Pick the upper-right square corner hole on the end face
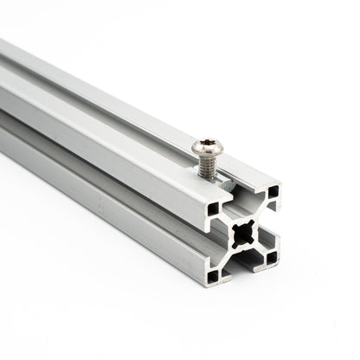click(273, 190)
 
